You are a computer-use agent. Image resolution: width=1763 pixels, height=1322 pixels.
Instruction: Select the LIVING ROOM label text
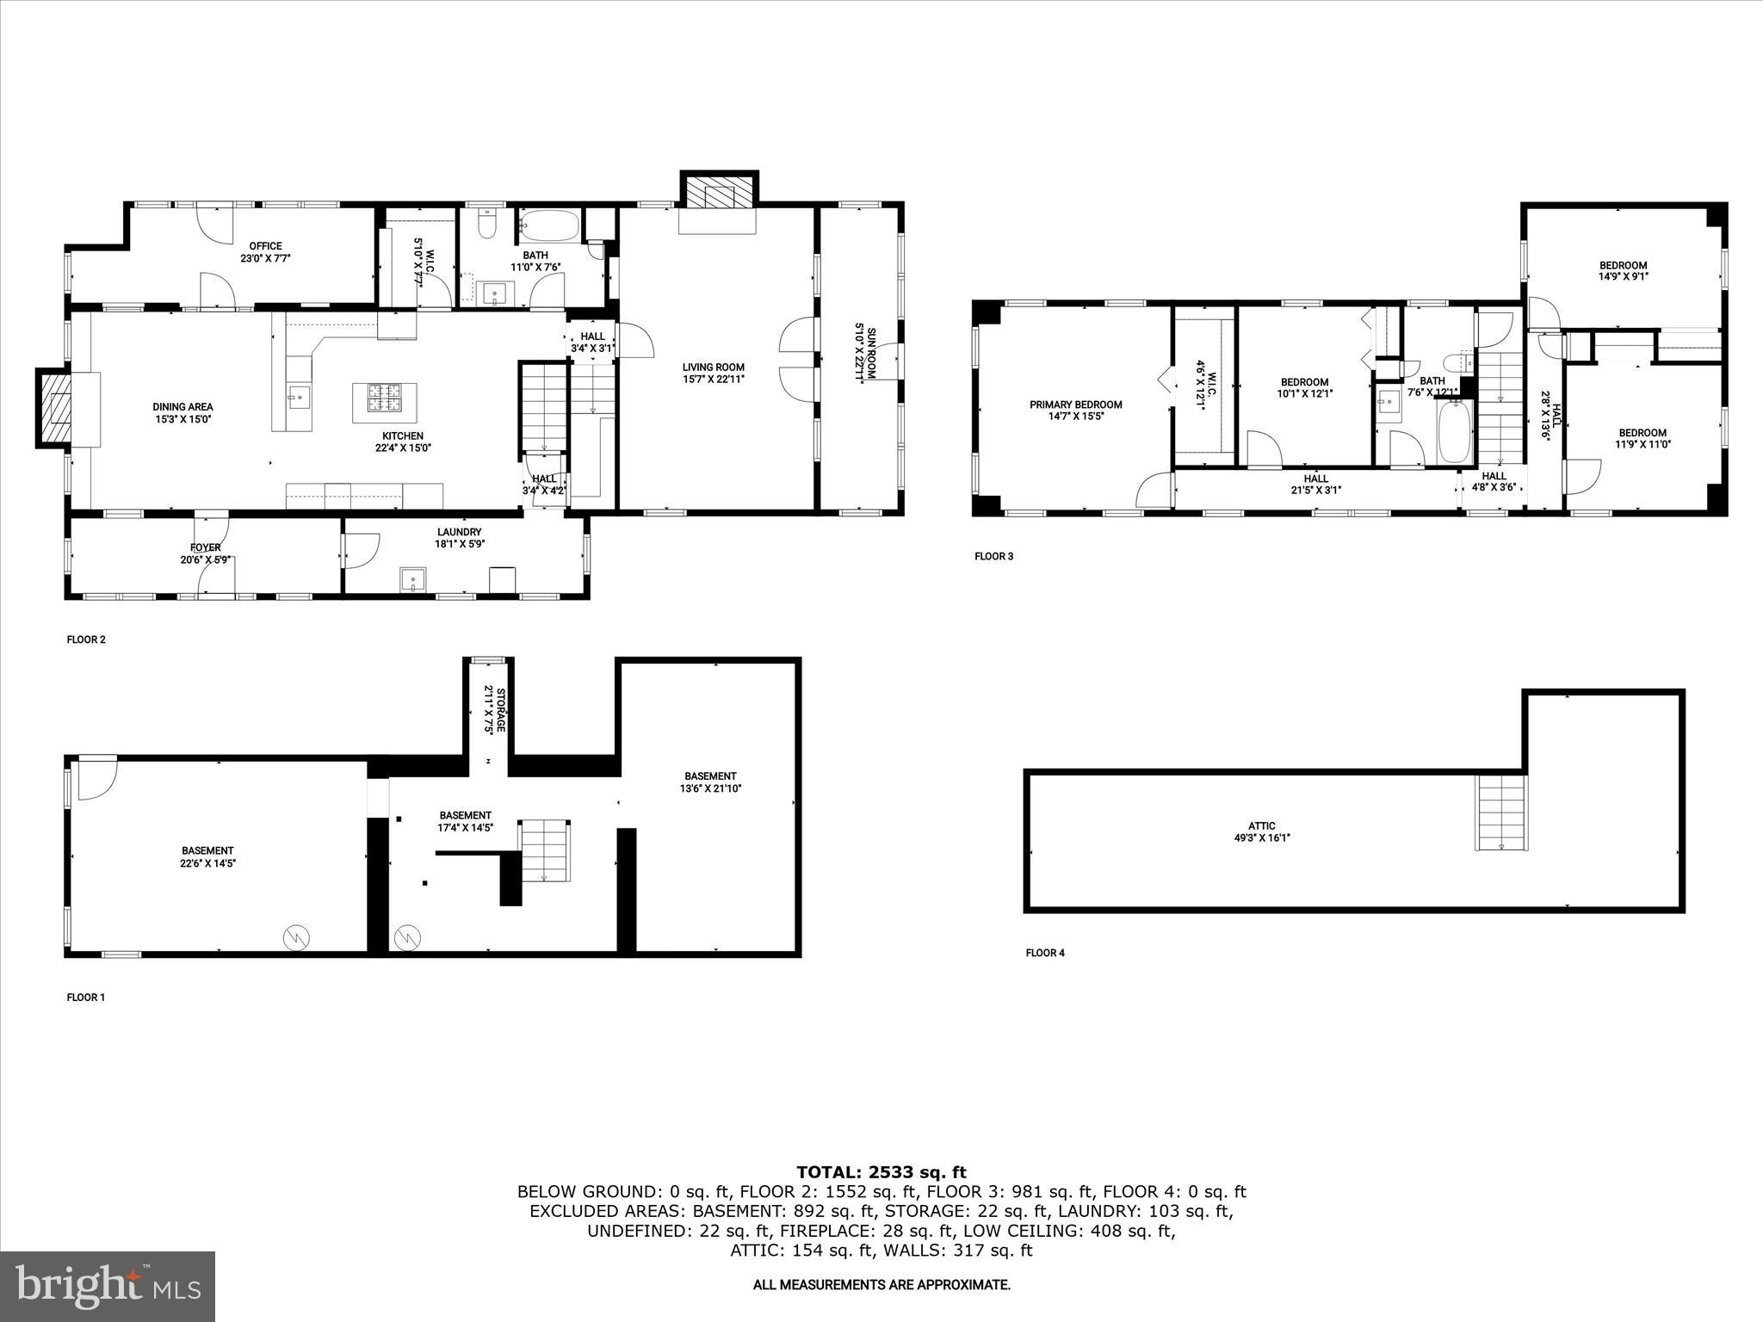point(714,373)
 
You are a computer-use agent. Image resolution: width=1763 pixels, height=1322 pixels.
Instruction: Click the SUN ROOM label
point(865,353)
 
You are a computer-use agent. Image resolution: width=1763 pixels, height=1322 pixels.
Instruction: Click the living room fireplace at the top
point(718,195)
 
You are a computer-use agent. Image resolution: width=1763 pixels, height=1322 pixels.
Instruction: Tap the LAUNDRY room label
point(459,538)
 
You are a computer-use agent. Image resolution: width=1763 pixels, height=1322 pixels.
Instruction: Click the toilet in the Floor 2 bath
point(488,225)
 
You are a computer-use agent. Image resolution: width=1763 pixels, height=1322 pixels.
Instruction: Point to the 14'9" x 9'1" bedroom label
point(1623,271)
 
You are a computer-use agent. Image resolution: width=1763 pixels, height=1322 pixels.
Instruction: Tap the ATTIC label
point(1262,831)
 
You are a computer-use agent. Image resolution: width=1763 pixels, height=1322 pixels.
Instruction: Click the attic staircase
point(1500,812)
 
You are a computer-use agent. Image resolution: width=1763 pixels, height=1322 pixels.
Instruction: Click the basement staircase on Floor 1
point(544,850)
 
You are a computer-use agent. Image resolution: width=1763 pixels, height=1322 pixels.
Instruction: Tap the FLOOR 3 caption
point(993,556)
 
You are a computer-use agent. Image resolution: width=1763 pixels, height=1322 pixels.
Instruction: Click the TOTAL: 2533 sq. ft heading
point(881,1172)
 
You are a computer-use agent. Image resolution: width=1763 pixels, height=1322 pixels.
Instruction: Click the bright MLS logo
point(108,1286)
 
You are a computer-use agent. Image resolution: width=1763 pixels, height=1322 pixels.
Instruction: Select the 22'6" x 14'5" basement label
point(207,856)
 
